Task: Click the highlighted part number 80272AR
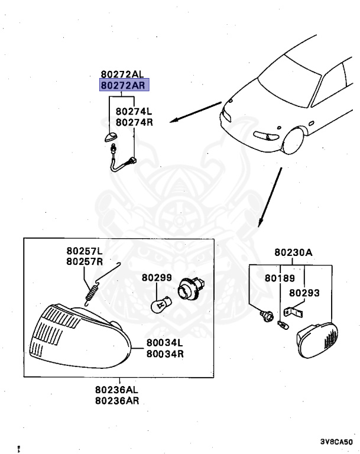(x=124, y=86)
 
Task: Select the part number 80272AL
(x=122, y=74)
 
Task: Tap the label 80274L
(x=134, y=111)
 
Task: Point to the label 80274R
(x=134, y=122)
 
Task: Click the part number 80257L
(x=85, y=251)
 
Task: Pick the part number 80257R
(x=85, y=261)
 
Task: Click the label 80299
(x=156, y=277)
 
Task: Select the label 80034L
(x=165, y=343)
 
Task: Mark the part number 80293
(x=304, y=292)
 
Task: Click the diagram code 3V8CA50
(x=336, y=442)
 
